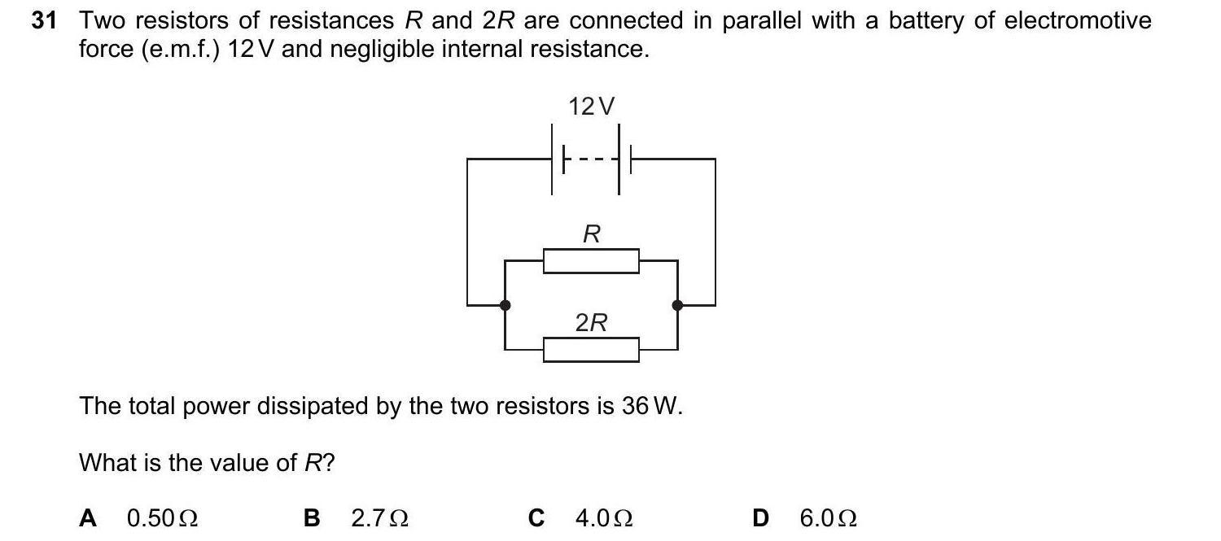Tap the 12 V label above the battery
click(x=592, y=107)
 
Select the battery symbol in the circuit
click(x=592, y=159)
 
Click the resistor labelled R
click(x=591, y=261)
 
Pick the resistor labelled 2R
click(x=591, y=349)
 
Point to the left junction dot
click(x=505, y=305)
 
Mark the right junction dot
click(x=677, y=305)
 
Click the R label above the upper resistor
click(x=592, y=235)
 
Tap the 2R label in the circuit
click(x=591, y=323)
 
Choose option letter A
click(x=88, y=517)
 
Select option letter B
click(x=311, y=517)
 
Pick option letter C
click(x=536, y=517)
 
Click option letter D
click(x=760, y=517)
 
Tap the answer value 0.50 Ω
click(x=163, y=517)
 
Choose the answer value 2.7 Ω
click(x=379, y=517)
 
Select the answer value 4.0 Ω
click(x=604, y=517)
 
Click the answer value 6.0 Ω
click(x=829, y=517)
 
